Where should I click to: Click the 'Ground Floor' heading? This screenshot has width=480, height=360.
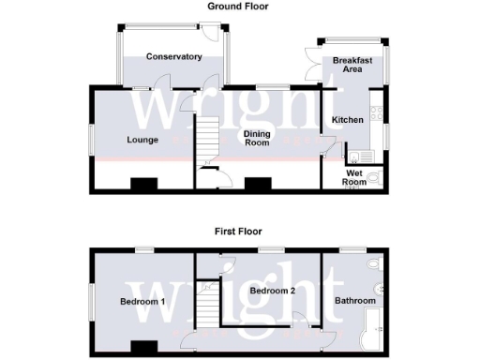click(x=237, y=6)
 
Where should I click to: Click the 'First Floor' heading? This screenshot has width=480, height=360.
click(x=238, y=231)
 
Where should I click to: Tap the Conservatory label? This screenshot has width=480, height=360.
click(x=174, y=57)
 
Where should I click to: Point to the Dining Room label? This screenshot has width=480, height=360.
click(x=257, y=139)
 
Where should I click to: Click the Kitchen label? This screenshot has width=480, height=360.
click(x=347, y=120)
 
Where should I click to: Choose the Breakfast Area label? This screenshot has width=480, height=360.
click(x=353, y=65)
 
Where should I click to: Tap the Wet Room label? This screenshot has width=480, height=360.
click(x=353, y=177)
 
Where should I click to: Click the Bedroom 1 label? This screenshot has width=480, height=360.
click(x=142, y=302)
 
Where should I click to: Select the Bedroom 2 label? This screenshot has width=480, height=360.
click(x=274, y=292)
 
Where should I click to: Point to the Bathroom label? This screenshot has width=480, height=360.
click(x=355, y=301)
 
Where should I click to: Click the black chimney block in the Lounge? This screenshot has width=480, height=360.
click(x=143, y=185)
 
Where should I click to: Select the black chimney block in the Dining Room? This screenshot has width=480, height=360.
click(x=258, y=185)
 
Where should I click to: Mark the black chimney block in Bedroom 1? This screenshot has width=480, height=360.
click(x=143, y=348)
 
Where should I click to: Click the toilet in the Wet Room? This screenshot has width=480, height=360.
click(x=373, y=178)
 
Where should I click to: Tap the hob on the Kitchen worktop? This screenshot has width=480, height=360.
click(x=376, y=116)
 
